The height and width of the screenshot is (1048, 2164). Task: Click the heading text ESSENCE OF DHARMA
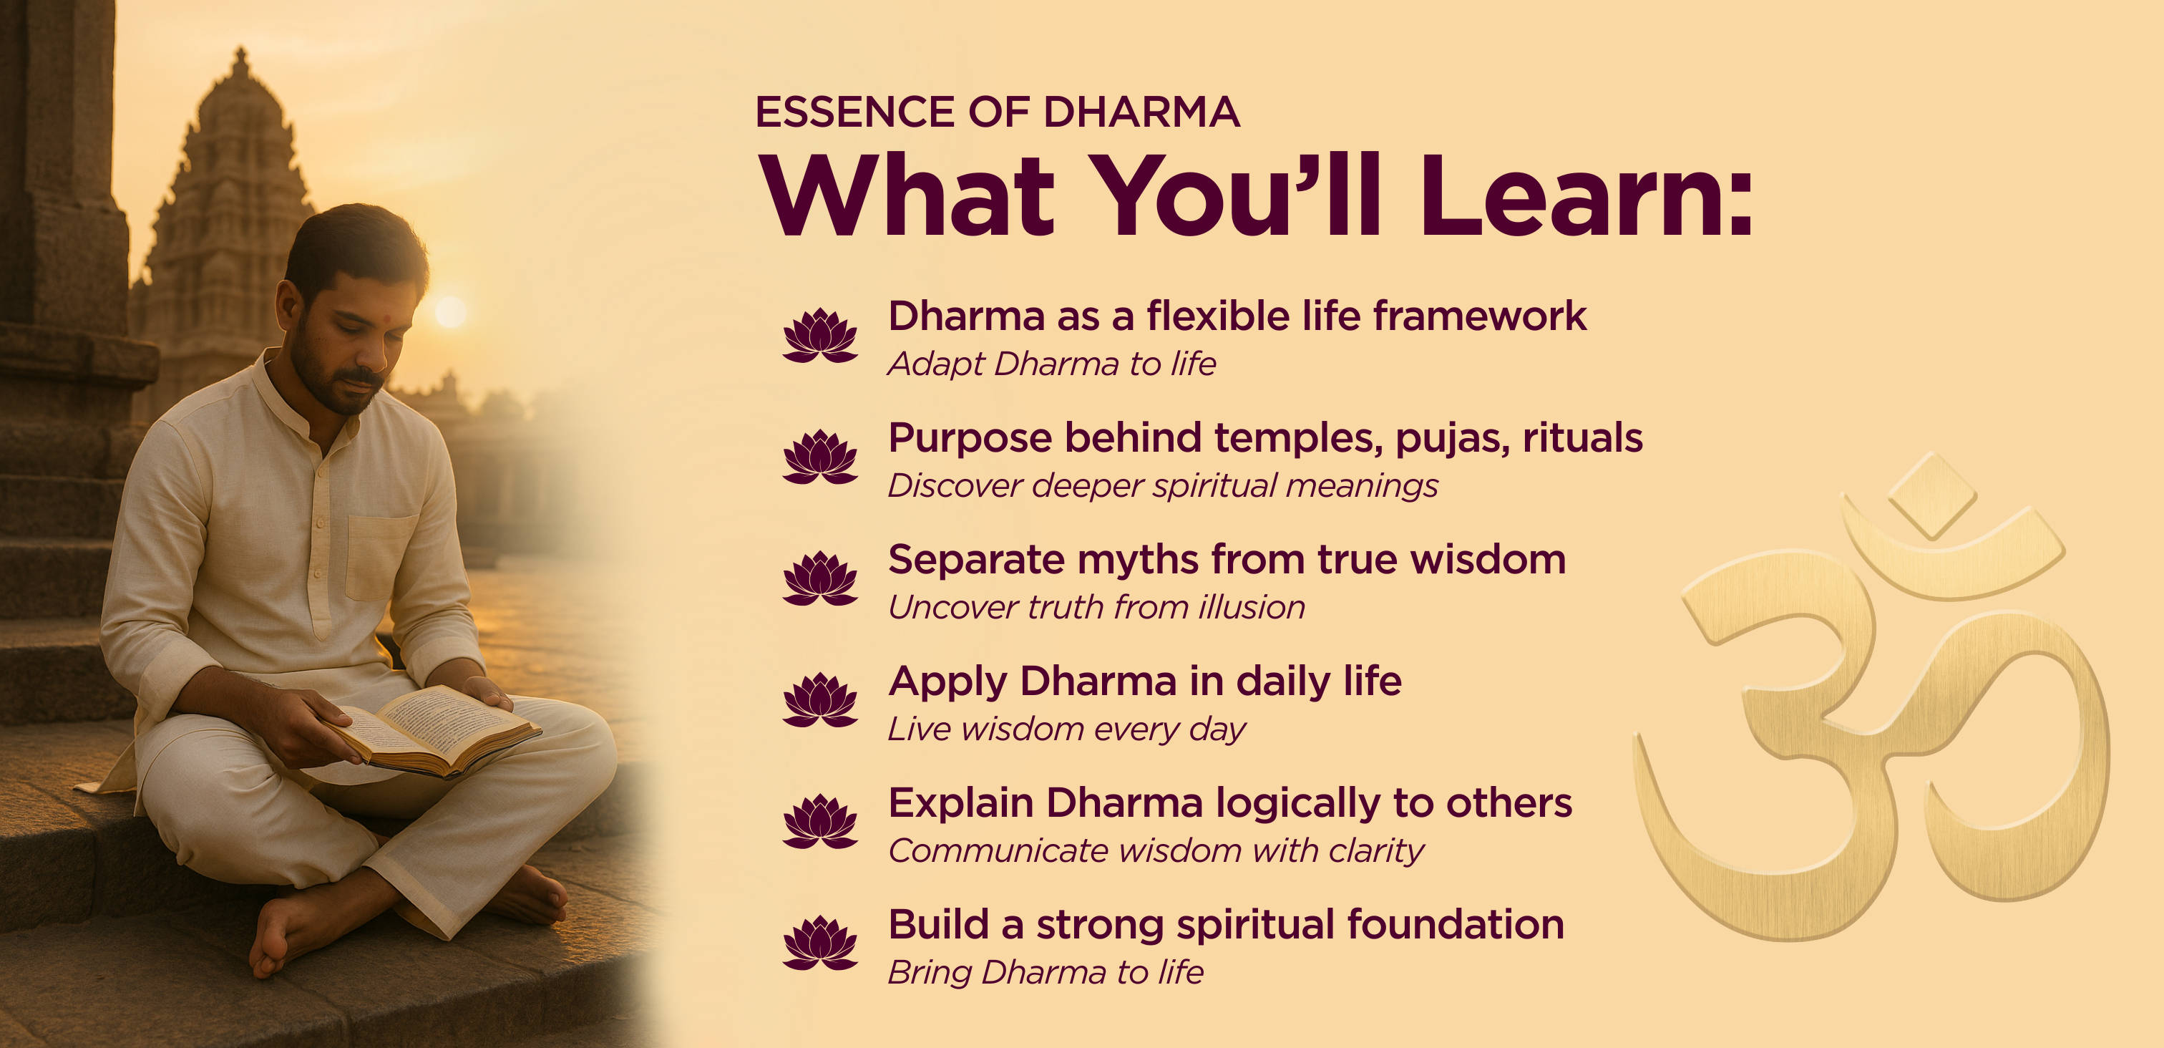click(x=997, y=112)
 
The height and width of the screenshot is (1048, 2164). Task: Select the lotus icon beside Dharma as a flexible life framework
click(x=820, y=335)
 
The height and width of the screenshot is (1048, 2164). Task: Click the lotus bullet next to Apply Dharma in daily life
click(x=820, y=700)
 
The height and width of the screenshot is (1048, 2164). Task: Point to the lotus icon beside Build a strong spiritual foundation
click(x=820, y=943)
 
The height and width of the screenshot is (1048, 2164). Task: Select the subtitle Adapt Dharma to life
click(x=1052, y=364)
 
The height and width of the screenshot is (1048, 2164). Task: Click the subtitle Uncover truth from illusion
click(x=1096, y=607)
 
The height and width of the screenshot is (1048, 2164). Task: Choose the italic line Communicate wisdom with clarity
click(x=1156, y=850)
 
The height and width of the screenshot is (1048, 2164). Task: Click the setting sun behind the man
click(x=450, y=312)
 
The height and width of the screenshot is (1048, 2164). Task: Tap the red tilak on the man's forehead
click(x=387, y=320)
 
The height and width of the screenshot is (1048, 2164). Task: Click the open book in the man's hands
click(x=430, y=729)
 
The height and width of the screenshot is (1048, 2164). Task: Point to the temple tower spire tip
click(x=241, y=50)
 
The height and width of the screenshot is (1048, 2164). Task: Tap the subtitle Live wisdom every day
click(x=1067, y=729)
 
